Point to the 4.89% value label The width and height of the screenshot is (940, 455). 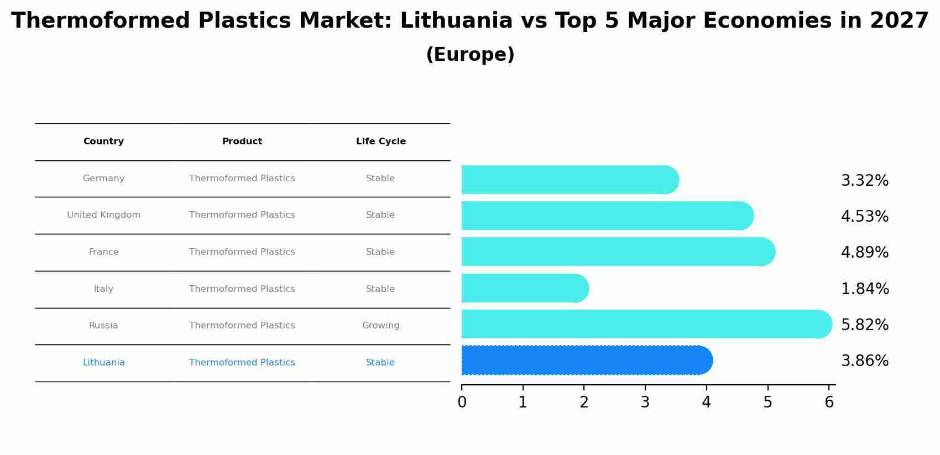point(864,253)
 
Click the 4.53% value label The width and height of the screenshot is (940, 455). point(864,217)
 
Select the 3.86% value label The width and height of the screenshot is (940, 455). point(864,361)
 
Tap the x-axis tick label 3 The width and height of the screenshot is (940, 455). point(645,402)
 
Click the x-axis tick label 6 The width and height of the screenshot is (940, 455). point(828,402)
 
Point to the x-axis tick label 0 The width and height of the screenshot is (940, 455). point(462,402)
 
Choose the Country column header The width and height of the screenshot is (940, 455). point(103,142)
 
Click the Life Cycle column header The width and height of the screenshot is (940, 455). point(380,142)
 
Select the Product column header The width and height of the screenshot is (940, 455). point(242,142)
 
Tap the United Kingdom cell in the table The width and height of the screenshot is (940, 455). point(103,215)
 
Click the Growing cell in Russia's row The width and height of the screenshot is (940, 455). point(380,326)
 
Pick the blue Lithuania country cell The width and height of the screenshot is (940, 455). point(103,363)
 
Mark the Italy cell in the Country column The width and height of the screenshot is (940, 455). point(103,289)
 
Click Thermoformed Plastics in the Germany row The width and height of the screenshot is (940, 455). point(242,179)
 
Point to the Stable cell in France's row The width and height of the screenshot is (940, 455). point(380,252)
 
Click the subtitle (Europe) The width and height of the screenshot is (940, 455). point(470,55)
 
